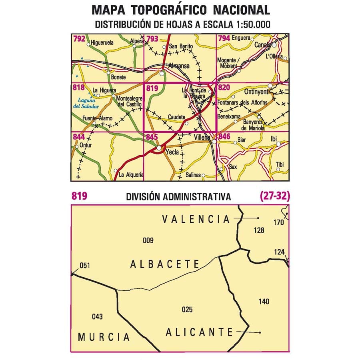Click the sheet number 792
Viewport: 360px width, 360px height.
(x=79, y=39)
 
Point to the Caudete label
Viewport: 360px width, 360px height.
(x=176, y=117)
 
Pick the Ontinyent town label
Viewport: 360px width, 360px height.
(x=256, y=91)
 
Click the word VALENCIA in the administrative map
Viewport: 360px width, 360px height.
(x=196, y=219)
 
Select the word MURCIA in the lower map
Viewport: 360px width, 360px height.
(x=104, y=337)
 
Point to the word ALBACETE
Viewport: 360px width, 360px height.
(x=165, y=264)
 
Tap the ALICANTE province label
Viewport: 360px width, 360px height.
(x=199, y=332)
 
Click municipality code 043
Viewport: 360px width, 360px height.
(x=97, y=317)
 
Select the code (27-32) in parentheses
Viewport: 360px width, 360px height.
(x=274, y=196)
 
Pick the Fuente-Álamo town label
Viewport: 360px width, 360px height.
(x=98, y=118)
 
